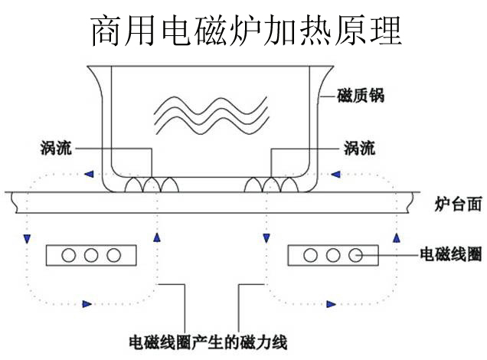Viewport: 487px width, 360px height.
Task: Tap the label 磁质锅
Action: (x=360, y=97)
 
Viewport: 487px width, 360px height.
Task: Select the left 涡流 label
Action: (x=56, y=148)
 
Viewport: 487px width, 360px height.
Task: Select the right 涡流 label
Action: (x=360, y=148)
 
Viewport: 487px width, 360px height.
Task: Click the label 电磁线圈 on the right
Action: (x=452, y=251)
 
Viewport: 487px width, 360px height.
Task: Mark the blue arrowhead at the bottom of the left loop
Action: (x=87, y=304)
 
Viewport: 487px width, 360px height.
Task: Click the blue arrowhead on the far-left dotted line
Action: (x=27, y=238)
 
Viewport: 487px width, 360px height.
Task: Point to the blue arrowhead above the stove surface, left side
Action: (x=90, y=172)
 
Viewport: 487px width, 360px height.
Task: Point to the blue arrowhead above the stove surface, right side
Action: (x=335, y=172)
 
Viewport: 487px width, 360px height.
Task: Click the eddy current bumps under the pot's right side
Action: (x=272, y=185)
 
